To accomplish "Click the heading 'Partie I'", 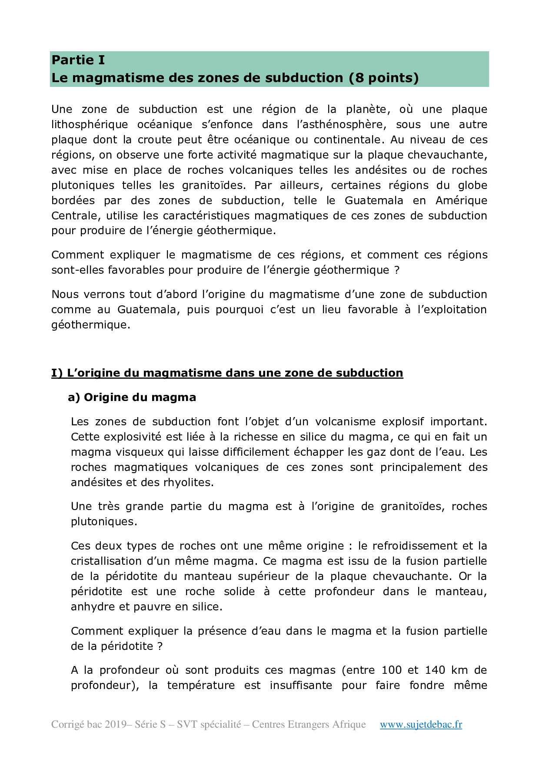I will [x=78, y=60].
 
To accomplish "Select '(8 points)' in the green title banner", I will [x=383, y=78].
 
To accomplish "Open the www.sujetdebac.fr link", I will [x=421, y=724].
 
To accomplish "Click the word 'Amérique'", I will [x=461, y=201].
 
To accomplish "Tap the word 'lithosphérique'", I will [x=90, y=125].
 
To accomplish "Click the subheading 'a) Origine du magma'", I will [x=132, y=397].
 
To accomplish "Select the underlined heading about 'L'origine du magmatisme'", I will [x=227, y=373].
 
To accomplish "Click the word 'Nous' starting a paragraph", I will [x=65, y=294].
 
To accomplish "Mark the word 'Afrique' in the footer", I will [x=349, y=724].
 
